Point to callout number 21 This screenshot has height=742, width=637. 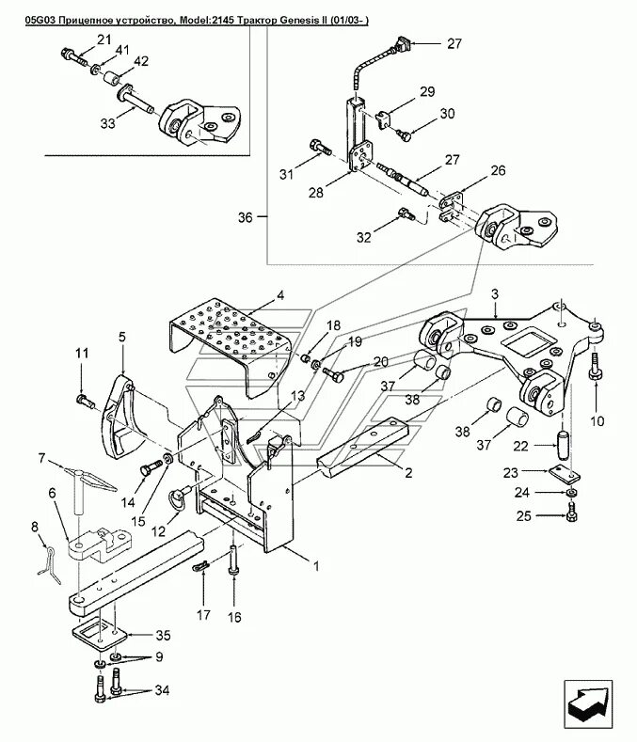(104, 39)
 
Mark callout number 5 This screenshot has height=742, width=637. (121, 336)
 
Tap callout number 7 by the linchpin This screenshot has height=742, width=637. (41, 459)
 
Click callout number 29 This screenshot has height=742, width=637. (426, 91)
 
